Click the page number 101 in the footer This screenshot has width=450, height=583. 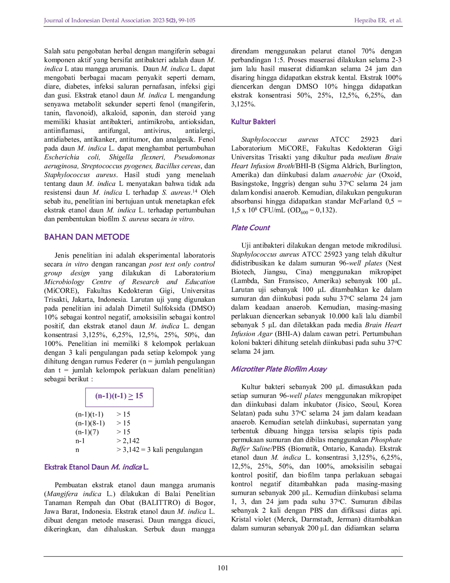click(223, 568)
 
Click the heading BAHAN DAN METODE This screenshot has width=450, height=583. click(87, 237)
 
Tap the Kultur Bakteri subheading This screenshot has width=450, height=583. click(253, 122)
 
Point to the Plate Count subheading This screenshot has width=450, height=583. click(250, 228)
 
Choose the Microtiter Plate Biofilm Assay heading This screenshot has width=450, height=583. click(279, 369)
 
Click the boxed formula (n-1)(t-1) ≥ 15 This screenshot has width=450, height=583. click(119, 396)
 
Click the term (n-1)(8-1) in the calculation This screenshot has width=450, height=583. click(90, 423)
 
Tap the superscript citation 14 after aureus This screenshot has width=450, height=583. click(194, 191)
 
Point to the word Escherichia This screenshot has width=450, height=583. click(62, 157)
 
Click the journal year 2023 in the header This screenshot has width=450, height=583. click(158, 20)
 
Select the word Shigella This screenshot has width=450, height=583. click(121, 157)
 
